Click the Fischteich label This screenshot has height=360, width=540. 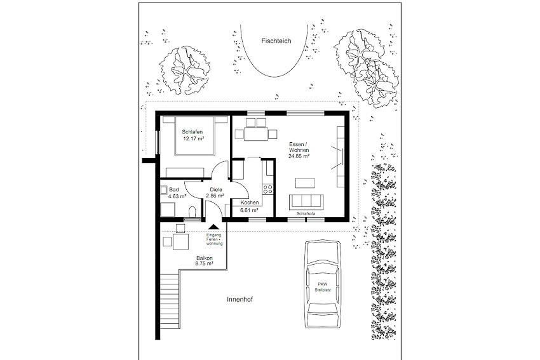coord(276,41)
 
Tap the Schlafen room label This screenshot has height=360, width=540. coord(192,132)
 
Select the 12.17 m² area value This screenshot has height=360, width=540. coord(193,138)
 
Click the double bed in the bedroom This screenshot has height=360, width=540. coord(195,136)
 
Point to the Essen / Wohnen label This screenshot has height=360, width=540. coord(299,147)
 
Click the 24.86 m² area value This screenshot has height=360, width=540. coord(299,156)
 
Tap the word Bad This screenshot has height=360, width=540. coord(174,190)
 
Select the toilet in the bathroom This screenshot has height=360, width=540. coord(192,211)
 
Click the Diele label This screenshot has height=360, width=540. coord(216,190)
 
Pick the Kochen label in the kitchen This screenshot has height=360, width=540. coord(250,203)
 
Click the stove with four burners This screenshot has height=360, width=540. coord(268,189)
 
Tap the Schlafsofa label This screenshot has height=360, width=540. coord(306,213)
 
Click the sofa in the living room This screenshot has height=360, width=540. coord(306,202)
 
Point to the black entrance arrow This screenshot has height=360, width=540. coord(214,227)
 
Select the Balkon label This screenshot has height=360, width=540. coord(204,258)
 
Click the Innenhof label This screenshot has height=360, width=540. coord(240,300)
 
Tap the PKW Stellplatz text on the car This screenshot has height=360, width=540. coord(323,287)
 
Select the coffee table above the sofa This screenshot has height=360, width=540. coord(305,183)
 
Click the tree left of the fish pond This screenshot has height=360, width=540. coord(185,70)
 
